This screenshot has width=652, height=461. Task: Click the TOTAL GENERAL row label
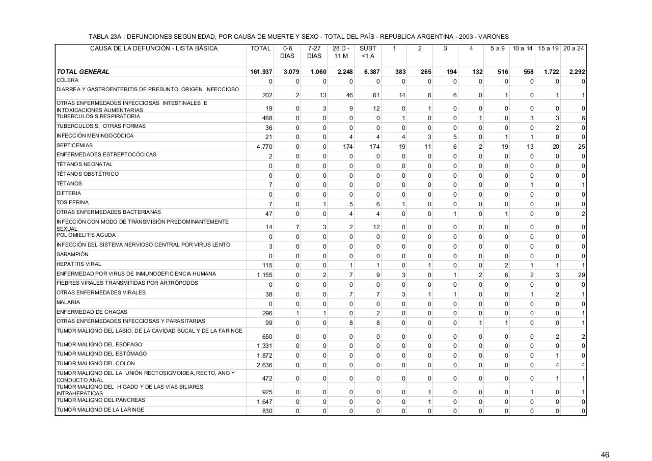[83, 72]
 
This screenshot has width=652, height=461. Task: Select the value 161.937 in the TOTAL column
[260, 72]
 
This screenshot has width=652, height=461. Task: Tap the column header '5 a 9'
[497, 48]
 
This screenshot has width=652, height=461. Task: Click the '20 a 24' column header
[574, 48]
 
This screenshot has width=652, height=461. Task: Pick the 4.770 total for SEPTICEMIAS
[264, 147]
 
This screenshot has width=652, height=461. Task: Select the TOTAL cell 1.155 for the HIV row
[264, 275]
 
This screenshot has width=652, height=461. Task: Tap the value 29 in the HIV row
[581, 275]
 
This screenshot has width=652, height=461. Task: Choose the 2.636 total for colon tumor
[264, 365]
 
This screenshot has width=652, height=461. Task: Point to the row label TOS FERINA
[69, 202]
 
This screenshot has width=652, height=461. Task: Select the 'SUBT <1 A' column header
[367, 52]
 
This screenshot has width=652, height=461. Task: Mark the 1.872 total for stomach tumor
[264, 355]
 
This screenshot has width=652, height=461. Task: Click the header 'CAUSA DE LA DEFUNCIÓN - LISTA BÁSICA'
[153, 48]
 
